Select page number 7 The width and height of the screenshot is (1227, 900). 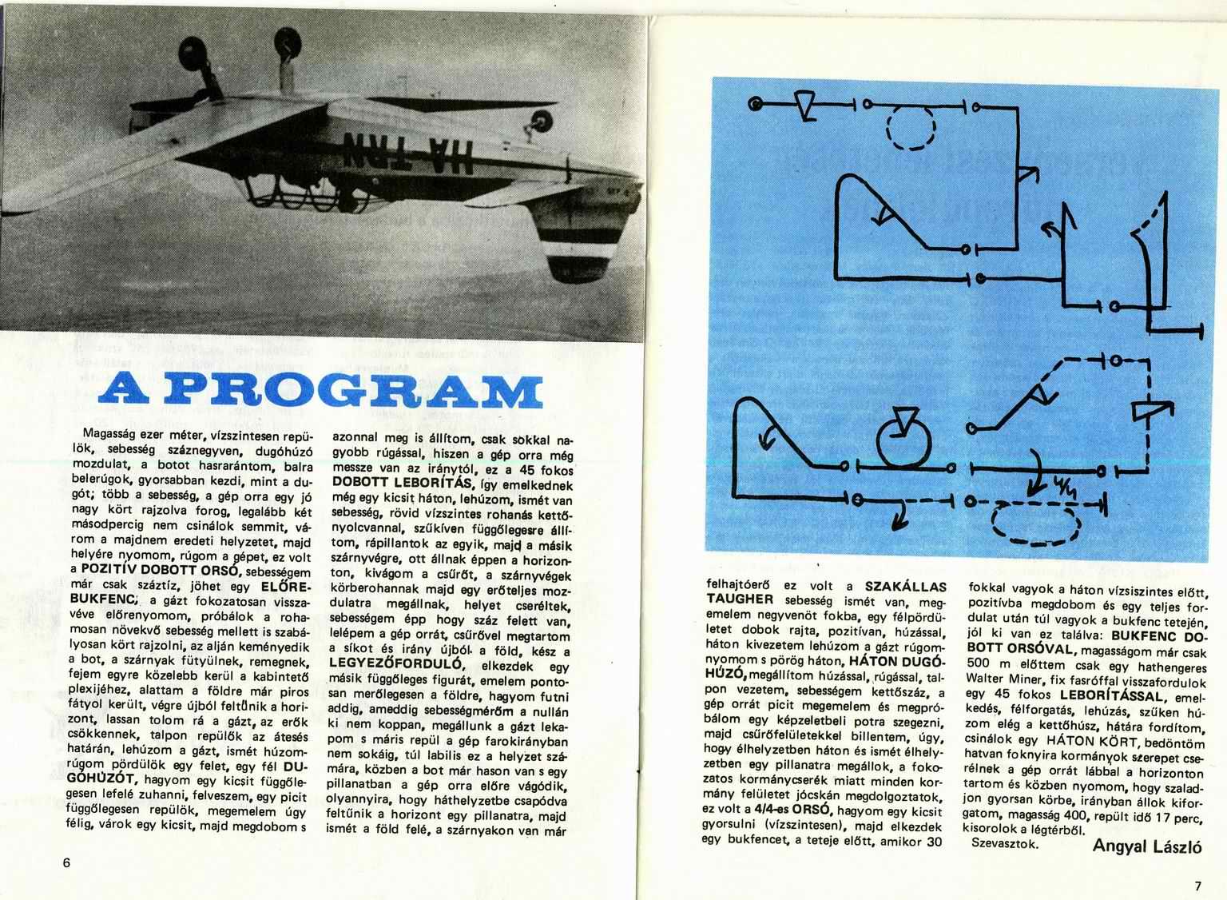point(1197,885)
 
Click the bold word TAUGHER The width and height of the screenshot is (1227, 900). point(738,599)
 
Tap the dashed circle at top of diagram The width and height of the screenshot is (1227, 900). point(911,128)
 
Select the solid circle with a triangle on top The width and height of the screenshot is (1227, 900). point(904,438)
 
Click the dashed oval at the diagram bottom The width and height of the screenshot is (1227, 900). point(1035,526)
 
